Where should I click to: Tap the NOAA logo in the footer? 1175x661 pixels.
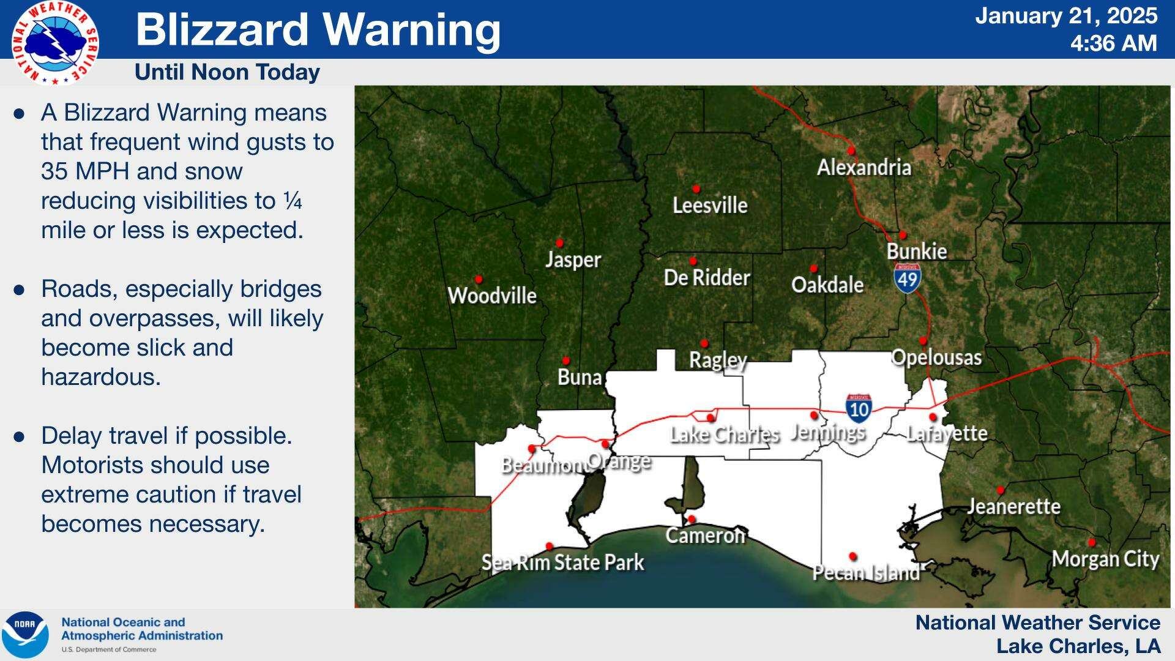(24, 635)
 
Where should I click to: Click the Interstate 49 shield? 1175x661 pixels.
(908, 278)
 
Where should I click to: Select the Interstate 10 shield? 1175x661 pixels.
(859, 407)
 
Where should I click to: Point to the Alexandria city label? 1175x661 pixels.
(864, 167)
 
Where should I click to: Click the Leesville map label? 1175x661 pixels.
(710, 205)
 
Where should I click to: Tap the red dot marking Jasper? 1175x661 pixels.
(559, 243)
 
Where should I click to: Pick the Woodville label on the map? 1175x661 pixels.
(492, 296)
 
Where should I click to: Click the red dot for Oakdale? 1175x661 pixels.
(813, 268)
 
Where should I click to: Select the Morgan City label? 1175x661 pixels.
(1105, 559)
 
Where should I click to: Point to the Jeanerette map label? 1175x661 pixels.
(1013, 506)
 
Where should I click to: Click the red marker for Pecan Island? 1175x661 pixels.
(852, 556)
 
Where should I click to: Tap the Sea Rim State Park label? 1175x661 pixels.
(562, 562)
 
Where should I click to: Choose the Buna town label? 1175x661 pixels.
(579, 377)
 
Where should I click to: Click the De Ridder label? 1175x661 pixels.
(707, 277)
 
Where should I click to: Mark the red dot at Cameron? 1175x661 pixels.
(691, 519)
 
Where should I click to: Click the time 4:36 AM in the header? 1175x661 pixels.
(1113, 43)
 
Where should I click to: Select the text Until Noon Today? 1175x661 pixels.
(227, 72)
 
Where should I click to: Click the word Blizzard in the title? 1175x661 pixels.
(222, 29)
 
